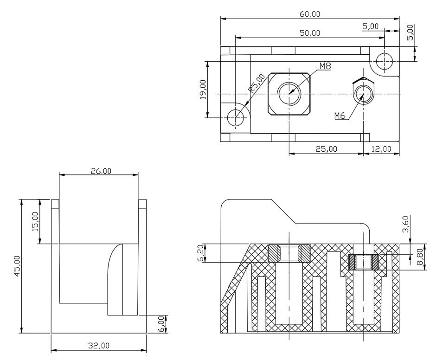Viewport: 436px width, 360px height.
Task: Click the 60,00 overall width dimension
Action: tap(310, 14)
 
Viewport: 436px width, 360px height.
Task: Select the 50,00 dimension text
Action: tap(310, 33)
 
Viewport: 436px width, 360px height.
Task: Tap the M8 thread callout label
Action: tap(325, 66)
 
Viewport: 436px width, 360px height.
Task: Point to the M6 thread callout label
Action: tap(340, 116)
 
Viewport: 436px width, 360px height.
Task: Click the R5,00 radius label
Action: tap(256, 83)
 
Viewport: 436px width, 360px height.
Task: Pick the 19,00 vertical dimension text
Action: tap(203, 90)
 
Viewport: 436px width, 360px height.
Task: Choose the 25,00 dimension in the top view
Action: tap(326, 149)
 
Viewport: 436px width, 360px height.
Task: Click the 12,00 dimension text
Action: tap(381, 149)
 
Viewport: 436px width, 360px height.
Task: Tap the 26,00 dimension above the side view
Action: tap(101, 171)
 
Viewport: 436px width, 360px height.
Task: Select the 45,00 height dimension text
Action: tap(17, 266)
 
